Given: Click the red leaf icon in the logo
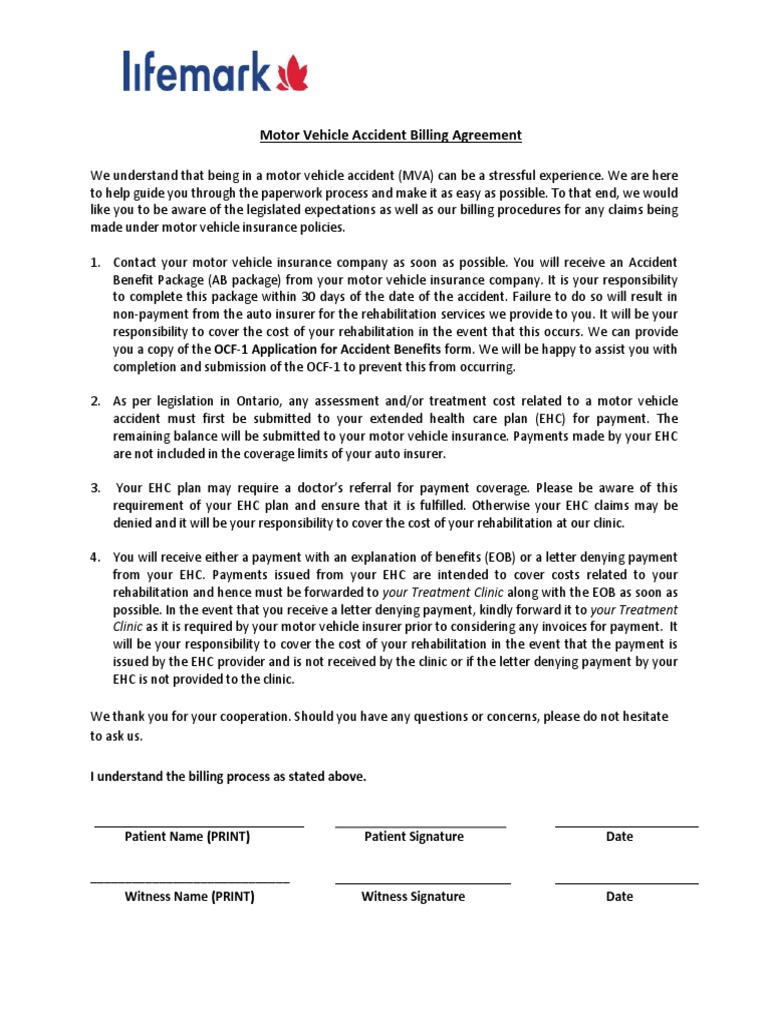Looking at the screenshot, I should click(292, 73).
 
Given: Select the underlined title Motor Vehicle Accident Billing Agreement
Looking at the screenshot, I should click(384, 135).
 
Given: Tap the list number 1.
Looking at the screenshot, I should click(95, 262).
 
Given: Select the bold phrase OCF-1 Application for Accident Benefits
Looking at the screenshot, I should click(344, 349).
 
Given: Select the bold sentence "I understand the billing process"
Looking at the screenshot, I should click(228, 777).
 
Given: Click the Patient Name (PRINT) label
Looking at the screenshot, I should click(187, 837).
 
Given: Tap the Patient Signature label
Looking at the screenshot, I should click(414, 837).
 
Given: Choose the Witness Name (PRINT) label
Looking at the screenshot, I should click(189, 897).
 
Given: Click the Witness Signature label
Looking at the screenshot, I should click(413, 897).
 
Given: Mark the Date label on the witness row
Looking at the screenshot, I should click(619, 897).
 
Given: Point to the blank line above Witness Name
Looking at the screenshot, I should click(190, 883).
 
